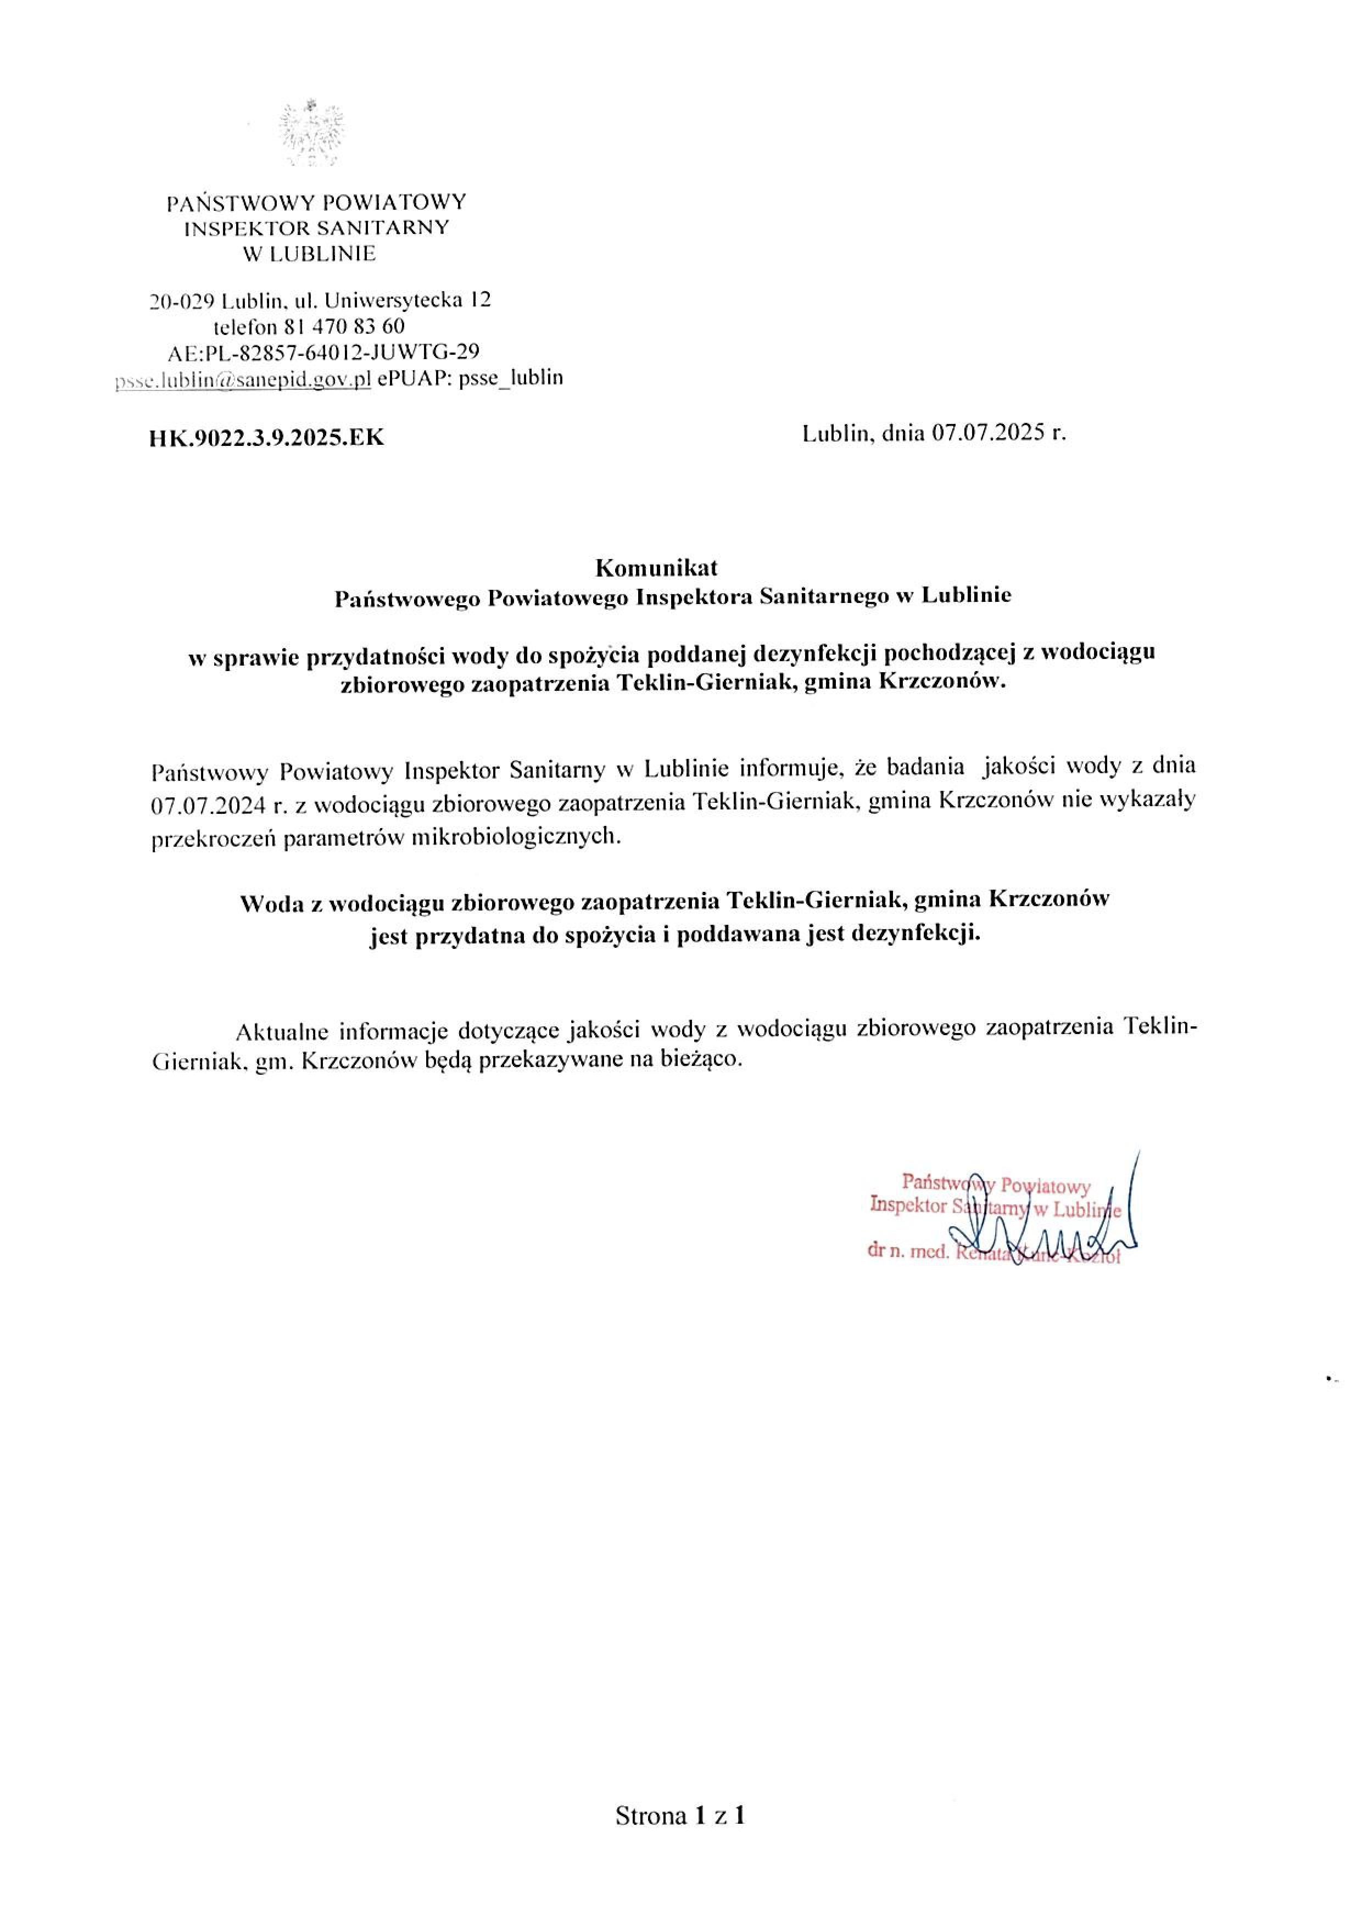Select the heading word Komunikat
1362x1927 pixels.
[x=656, y=568]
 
